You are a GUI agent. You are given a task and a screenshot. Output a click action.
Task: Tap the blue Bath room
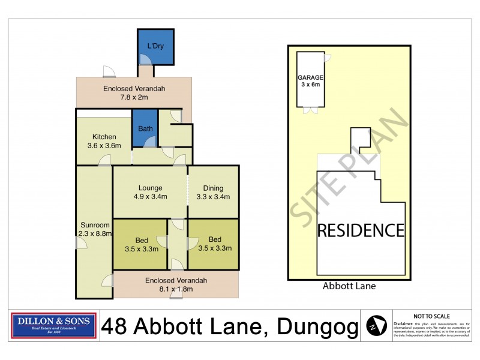145,128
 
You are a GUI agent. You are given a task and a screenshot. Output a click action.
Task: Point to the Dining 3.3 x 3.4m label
213,192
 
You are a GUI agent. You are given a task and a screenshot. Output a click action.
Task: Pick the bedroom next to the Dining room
214,244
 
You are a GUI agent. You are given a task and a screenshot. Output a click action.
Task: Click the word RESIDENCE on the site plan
360,230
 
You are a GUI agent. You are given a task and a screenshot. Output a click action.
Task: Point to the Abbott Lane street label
349,286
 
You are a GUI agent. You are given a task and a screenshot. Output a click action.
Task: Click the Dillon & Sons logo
54,326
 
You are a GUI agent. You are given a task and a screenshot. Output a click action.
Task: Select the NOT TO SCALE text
432,316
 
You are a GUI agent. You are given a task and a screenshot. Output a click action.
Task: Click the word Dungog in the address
316,328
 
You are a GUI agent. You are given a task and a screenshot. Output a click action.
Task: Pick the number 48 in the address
115,328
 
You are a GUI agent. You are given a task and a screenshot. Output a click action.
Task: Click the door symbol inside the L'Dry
145,59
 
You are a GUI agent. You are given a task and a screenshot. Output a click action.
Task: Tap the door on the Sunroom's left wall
78,242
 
